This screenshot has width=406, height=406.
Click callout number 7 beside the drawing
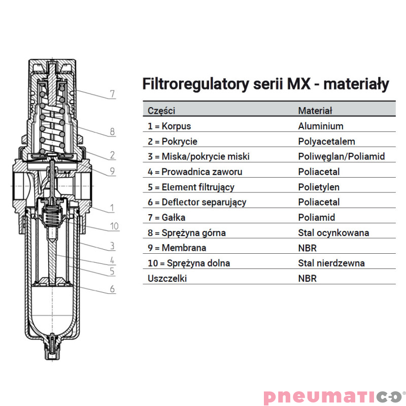click(x=112, y=93)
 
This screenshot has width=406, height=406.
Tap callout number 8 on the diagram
click(x=112, y=131)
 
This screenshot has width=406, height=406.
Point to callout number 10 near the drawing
click(x=114, y=226)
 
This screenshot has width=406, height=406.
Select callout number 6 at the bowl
click(x=112, y=289)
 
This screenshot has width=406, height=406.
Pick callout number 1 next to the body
click(x=112, y=208)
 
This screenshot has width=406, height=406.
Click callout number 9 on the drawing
click(x=112, y=171)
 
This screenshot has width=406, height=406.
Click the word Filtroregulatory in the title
click(x=195, y=84)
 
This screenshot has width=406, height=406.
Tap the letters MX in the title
click(x=298, y=84)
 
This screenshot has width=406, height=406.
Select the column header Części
click(x=161, y=111)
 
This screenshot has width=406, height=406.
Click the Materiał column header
click(x=315, y=111)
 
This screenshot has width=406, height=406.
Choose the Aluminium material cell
click(x=321, y=126)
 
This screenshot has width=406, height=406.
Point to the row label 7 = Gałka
click(x=166, y=218)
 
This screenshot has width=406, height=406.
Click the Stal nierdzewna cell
click(x=331, y=263)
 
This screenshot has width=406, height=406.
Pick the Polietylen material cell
click(x=319, y=187)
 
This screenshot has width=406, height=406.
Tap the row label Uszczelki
click(x=167, y=278)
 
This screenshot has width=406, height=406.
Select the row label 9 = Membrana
click(x=177, y=248)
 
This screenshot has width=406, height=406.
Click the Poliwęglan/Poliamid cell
click(x=341, y=156)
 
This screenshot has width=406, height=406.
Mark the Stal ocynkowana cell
click(x=333, y=233)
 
